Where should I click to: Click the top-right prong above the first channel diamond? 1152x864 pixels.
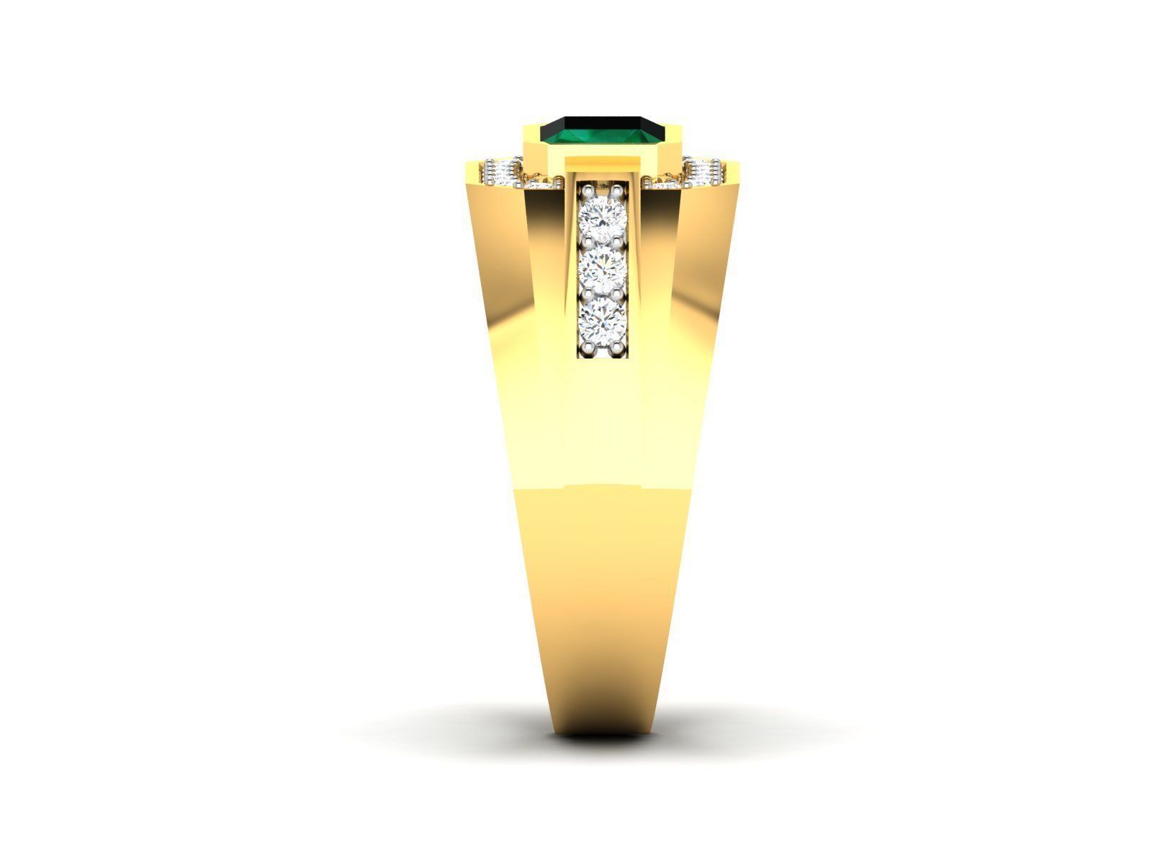click(x=618, y=190)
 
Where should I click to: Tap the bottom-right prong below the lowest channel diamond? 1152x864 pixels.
click(x=618, y=347)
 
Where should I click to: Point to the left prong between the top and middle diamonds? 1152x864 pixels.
click(x=588, y=241)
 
